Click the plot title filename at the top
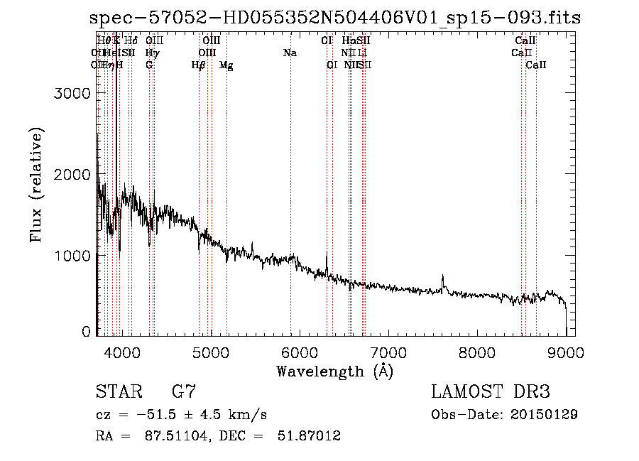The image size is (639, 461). pyautogui.click(x=336, y=18)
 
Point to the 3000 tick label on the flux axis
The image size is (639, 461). pyautogui.click(x=72, y=94)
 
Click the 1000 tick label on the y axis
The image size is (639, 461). pyautogui.click(x=72, y=255)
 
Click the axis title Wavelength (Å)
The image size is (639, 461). pyautogui.click(x=334, y=371)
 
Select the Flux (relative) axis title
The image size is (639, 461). pyautogui.click(x=36, y=185)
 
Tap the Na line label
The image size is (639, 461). pyautogui.click(x=290, y=53)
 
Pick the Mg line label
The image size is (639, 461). pyautogui.click(x=226, y=65)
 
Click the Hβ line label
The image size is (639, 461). pyautogui.click(x=199, y=65)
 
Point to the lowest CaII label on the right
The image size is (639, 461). pyautogui.click(x=536, y=65)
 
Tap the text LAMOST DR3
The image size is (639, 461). pyautogui.click(x=491, y=391)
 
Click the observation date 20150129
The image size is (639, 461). pyautogui.click(x=544, y=414)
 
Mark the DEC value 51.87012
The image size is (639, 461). pyautogui.click(x=309, y=435)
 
